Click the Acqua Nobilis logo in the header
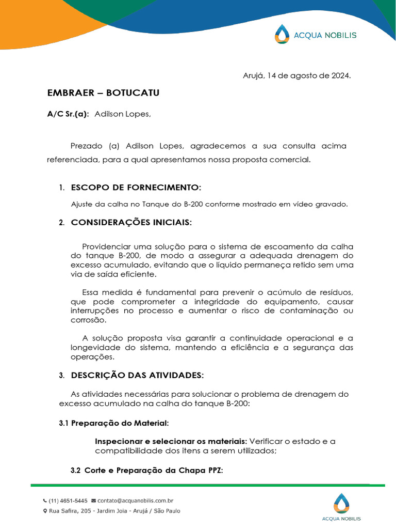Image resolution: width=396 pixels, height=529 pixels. [315, 35]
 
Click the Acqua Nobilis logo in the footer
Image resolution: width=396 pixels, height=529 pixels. [341, 507]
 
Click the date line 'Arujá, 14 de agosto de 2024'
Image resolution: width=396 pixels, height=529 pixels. [297, 75]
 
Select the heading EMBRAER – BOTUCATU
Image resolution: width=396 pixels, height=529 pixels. [103, 93]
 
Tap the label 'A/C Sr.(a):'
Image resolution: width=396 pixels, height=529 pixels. [68, 114]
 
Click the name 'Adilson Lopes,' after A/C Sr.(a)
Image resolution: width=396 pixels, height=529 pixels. [123, 114]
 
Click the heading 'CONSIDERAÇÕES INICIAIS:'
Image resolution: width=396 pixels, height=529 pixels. [131, 223]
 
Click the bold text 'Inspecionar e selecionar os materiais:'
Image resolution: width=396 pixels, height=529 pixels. [171, 441]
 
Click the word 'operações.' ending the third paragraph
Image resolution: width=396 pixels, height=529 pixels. [91, 357]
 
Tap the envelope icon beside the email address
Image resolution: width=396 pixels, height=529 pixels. [93, 501]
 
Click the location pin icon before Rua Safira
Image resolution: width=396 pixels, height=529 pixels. [45, 511]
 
